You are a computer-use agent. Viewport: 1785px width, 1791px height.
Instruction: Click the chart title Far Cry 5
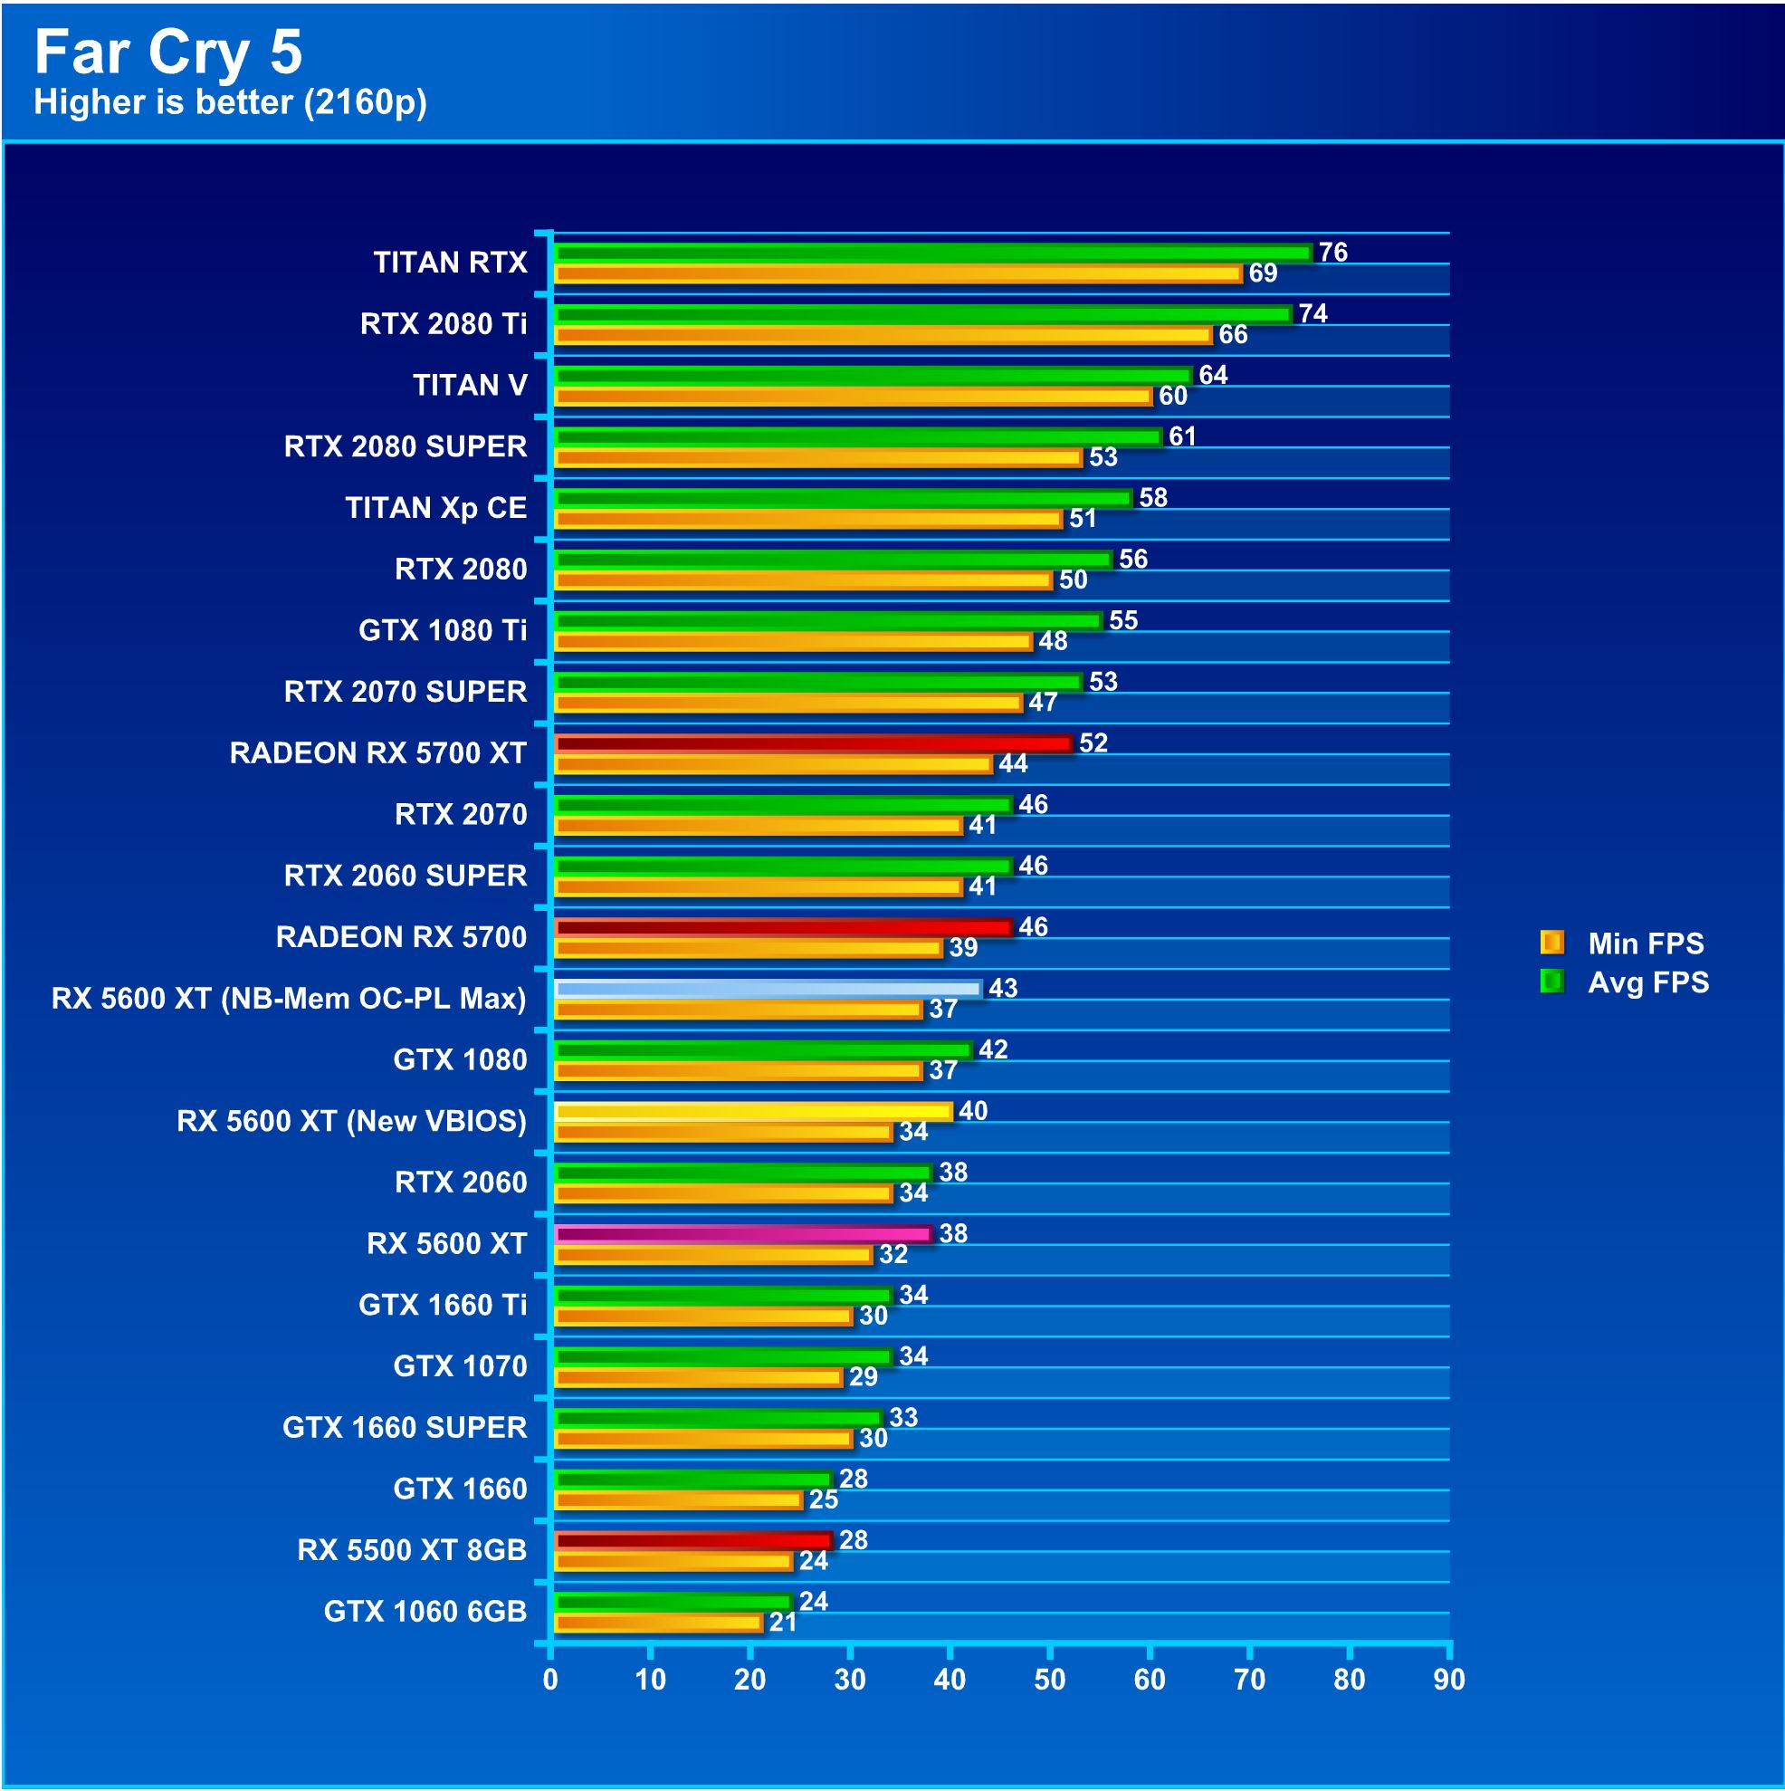pyautogui.click(x=167, y=52)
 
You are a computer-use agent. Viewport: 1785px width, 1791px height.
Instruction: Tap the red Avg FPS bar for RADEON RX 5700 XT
pyautogui.click(x=812, y=743)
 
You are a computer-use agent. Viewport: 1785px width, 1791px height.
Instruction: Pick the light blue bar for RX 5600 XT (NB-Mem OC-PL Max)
pyautogui.click(x=768, y=988)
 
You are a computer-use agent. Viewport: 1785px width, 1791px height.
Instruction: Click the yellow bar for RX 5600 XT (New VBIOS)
pyautogui.click(x=752, y=1111)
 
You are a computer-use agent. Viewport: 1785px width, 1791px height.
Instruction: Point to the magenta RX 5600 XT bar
pyautogui.click(x=742, y=1234)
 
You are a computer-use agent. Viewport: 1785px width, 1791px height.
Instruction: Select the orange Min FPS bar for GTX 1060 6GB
pyautogui.click(x=658, y=1623)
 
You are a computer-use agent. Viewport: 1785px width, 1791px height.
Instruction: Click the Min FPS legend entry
pyautogui.click(x=1622, y=943)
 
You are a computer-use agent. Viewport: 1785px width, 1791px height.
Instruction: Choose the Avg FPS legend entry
pyautogui.click(x=1624, y=982)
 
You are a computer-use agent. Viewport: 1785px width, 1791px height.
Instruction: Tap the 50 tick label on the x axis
pyautogui.click(x=1049, y=1679)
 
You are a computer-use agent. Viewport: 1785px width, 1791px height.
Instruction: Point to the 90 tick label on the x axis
pyautogui.click(x=1448, y=1679)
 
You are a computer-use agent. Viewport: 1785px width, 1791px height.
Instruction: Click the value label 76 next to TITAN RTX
pyautogui.click(x=1332, y=252)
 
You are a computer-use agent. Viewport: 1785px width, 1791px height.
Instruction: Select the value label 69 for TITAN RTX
pyautogui.click(x=1263, y=273)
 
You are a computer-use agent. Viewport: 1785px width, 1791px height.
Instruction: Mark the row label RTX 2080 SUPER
pyautogui.click(x=405, y=446)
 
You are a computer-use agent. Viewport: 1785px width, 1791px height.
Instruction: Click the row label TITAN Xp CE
pyautogui.click(x=435, y=508)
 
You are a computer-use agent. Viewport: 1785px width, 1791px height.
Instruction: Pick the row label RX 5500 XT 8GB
pyautogui.click(x=412, y=1550)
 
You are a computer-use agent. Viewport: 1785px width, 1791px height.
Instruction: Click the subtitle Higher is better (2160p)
pyautogui.click(x=230, y=102)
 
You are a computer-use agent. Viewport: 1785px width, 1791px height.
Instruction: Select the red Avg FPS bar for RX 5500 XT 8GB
pyautogui.click(x=692, y=1541)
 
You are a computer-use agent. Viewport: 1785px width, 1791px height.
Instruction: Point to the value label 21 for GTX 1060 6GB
pyautogui.click(x=783, y=1623)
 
